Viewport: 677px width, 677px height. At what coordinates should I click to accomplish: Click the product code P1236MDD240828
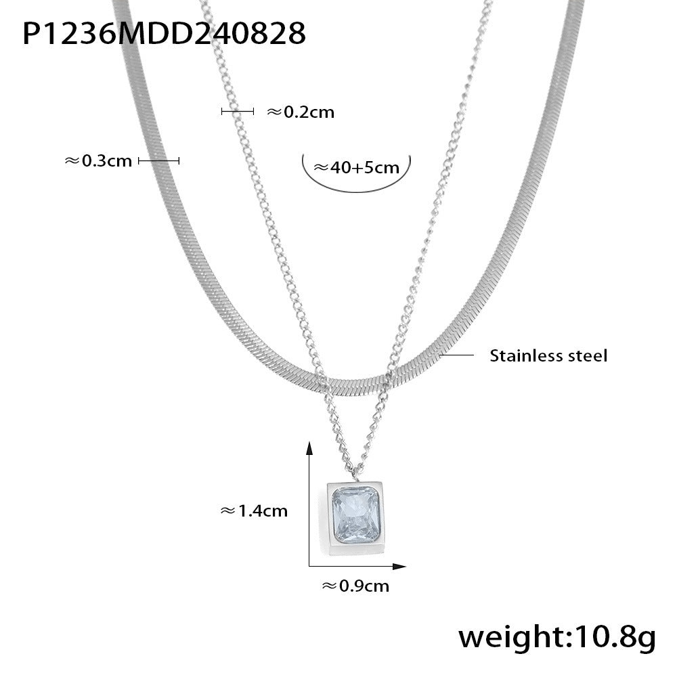(x=164, y=33)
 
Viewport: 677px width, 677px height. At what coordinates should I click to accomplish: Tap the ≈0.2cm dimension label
(x=301, y=112)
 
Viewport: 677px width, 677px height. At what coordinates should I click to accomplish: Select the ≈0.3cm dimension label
(x=98, y=160)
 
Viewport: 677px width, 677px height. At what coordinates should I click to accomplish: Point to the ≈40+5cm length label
(x=356, y=167)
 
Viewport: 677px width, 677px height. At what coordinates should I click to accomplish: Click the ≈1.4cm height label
(x=254, y=510)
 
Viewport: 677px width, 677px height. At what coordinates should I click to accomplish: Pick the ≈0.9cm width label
(x=355, y=586)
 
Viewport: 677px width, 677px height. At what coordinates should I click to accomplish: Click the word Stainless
(x=521, y=356)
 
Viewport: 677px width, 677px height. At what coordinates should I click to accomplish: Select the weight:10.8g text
(x=557, y=637)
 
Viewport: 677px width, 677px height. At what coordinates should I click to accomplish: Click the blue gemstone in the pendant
(x=355, y=515)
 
